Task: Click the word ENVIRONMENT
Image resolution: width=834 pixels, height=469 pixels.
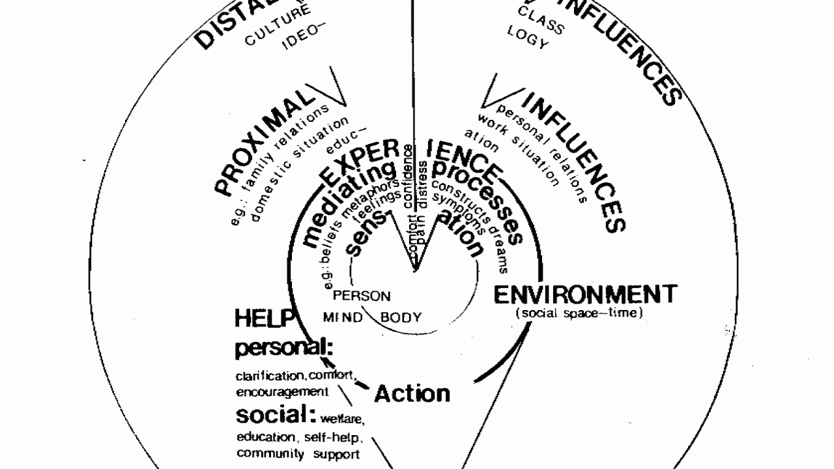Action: click(x=585, y=294)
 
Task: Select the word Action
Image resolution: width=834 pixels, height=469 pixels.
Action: click(x=412, y=393)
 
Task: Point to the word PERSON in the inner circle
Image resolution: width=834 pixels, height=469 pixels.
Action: click(x=362, y=296)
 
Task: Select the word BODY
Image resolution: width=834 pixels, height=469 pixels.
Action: click(x=401, y=318)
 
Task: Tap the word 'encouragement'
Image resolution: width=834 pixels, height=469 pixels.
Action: click(x=282, y=392)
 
